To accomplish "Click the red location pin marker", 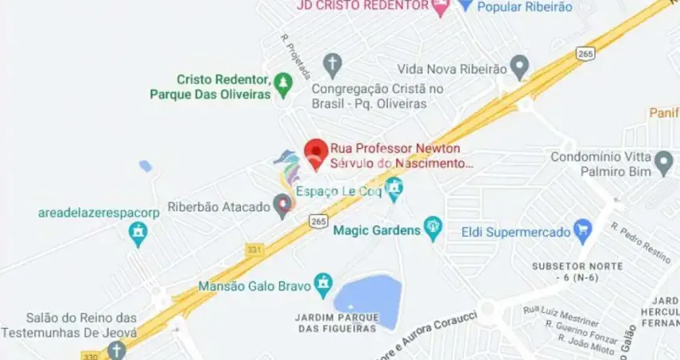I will click(318, 153).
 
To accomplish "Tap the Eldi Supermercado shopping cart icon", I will click(582, 232).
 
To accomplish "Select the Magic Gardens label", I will click(376, 230).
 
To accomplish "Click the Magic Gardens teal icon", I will click(433, 230).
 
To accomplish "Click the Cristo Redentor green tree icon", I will click(282, 82).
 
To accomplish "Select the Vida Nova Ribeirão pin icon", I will click(520, 67).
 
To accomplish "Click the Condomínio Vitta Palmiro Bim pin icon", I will click(663, 165).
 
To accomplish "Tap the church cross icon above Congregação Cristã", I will click(333, 64).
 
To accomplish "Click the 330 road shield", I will click(90, 354).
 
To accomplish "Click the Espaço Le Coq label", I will click(339, 191).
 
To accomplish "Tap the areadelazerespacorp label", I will click(99, 213).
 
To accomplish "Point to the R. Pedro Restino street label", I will click(640, 242).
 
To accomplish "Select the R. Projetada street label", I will click(295, 56).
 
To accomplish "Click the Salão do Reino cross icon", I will click(117, 350).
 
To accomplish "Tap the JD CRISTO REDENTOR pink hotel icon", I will click(440, 6).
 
